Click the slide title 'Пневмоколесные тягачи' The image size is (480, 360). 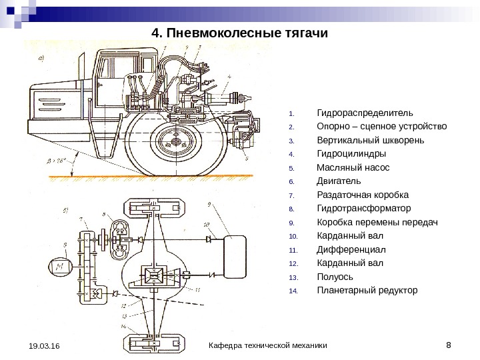(240, 32)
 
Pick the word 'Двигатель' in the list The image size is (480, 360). (338, 181)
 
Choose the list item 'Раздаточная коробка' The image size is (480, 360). (363, 195)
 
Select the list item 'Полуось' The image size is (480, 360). (335, 277)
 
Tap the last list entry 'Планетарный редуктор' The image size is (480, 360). (367, 291)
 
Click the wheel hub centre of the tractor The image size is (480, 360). (175, 142)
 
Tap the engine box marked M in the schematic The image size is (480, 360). (62, 266)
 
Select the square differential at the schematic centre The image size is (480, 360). (155, 274)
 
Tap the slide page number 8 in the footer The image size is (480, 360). (448, 344)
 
